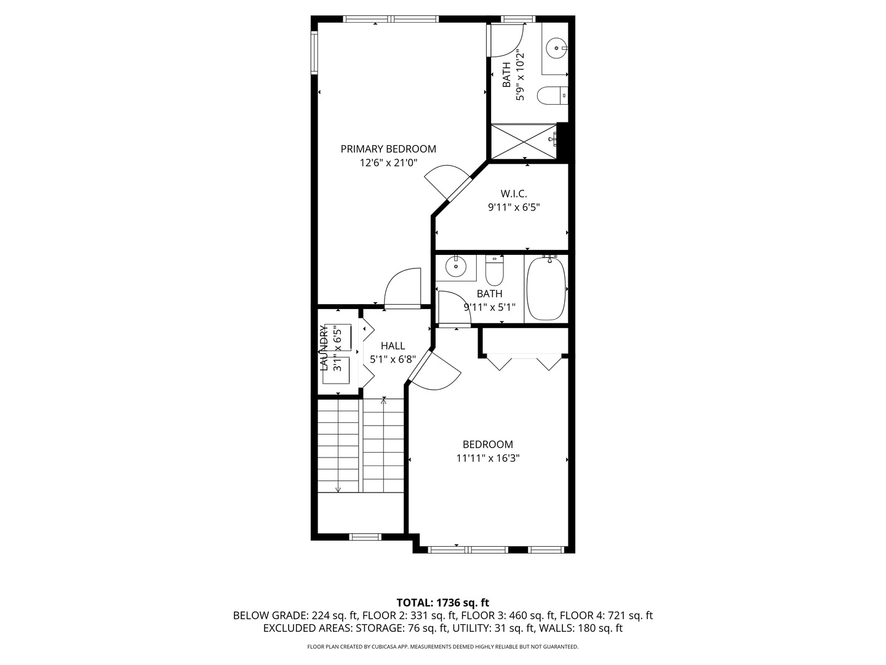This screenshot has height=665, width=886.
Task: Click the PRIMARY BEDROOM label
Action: pyautogui.click(x=388, y=149)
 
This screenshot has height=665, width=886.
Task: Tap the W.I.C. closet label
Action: pyautogui.click(x=513, y=194)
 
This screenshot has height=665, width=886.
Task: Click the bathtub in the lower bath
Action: pyautogui.click(x=546, y=289)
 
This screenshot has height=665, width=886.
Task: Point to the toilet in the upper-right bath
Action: pyautogui.click(x=551, y=95)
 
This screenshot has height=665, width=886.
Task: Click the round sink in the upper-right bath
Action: pyautogui.click(x=557, y=47)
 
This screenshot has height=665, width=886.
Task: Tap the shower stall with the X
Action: pyautogui.click(x=524, y=142)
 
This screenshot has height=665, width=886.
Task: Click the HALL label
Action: pyautogui.click(x=393, y=346)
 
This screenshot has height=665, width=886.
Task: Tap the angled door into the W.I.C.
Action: pyautogui.click(x=448, y=182)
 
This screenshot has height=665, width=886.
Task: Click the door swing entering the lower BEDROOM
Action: pyautogui.click(x=436, y=372)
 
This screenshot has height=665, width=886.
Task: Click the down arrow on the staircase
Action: pyautogui.click(x=338, y=489)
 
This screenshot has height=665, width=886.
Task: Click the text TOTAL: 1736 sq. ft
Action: pyautogui.click(x=442, y=602)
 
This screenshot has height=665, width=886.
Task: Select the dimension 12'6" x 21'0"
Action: pyautogui.click(x=388, y=163)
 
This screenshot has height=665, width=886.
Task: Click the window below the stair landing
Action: pyautogui.click(x=365, y=537)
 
